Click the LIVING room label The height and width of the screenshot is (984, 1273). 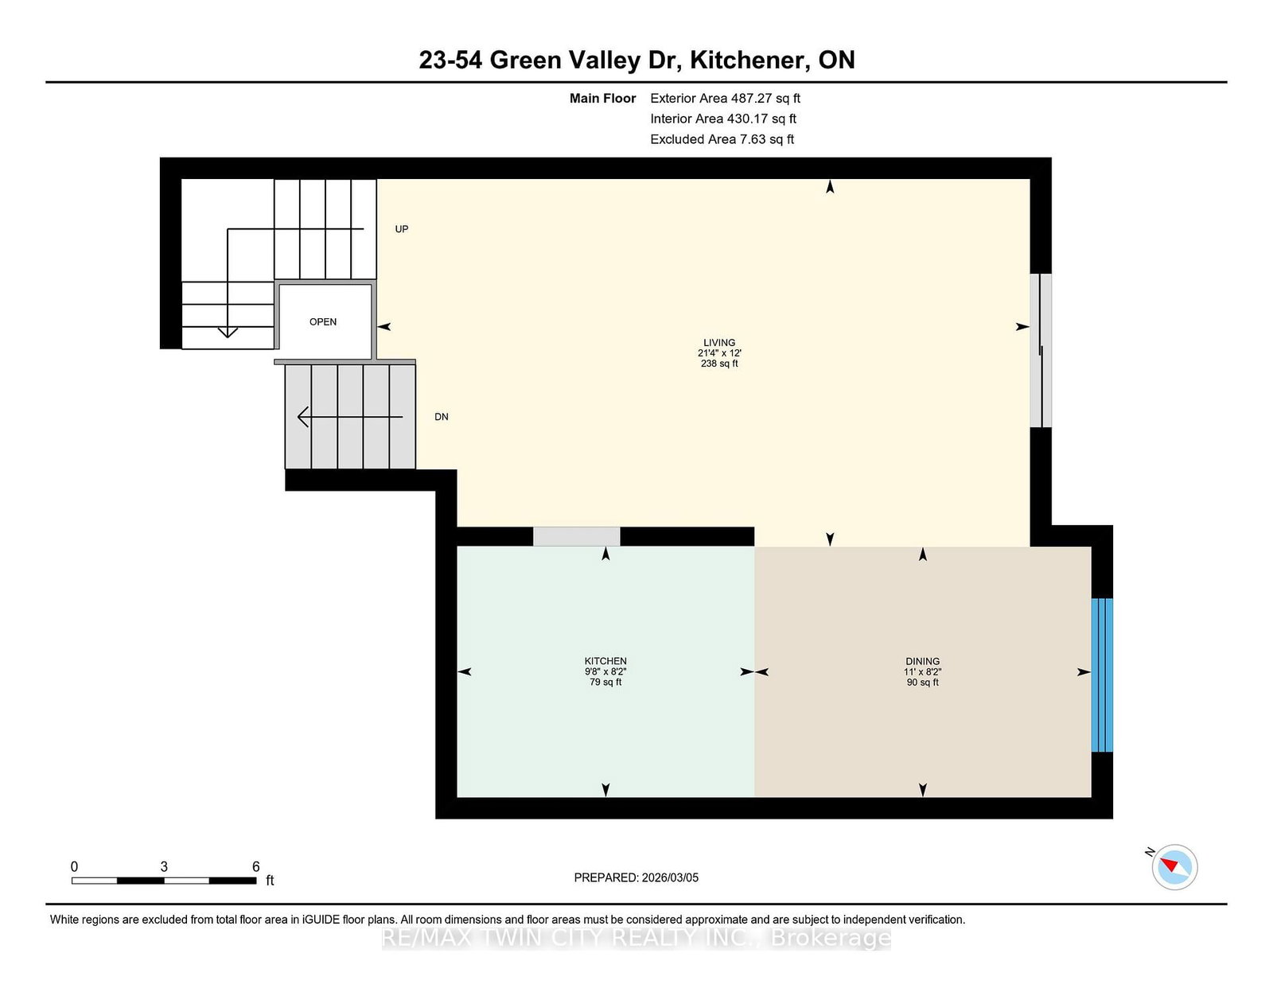pos(718,343)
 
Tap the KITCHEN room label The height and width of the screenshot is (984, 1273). pos(605,661)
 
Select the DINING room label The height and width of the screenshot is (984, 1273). pos(922,661)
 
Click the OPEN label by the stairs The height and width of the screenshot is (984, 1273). pos(323,321)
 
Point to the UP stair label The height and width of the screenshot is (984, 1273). pos(401,229)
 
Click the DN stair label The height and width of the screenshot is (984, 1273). pos(441,417)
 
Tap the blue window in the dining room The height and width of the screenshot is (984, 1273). pos(1101,675)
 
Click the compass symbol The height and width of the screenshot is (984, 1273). pos(1174,867)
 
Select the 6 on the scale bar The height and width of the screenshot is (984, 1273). pos(255,866)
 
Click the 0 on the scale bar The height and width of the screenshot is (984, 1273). pos(75,866)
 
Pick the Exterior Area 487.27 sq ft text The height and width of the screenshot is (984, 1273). pos(725,99)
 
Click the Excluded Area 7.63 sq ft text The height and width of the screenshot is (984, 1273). pos(722,139)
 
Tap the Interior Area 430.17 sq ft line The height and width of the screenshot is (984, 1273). pos(723,119)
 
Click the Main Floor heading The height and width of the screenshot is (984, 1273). pos(602,99)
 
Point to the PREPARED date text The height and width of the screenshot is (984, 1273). pos(636,877)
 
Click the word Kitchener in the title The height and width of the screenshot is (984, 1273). pos(746,60)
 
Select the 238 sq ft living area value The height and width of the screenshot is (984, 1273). pos(718,364)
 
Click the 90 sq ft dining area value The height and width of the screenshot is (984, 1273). pos(922,683)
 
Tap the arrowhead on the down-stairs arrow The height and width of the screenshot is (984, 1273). pos(303,417)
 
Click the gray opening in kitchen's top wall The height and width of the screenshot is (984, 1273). pos(577,536)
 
